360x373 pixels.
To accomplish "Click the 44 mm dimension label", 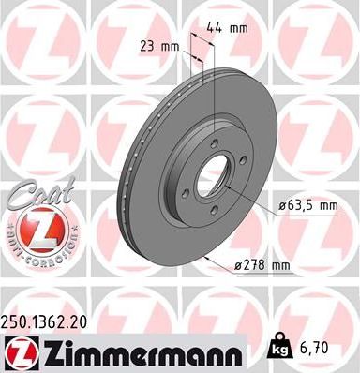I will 232,29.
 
